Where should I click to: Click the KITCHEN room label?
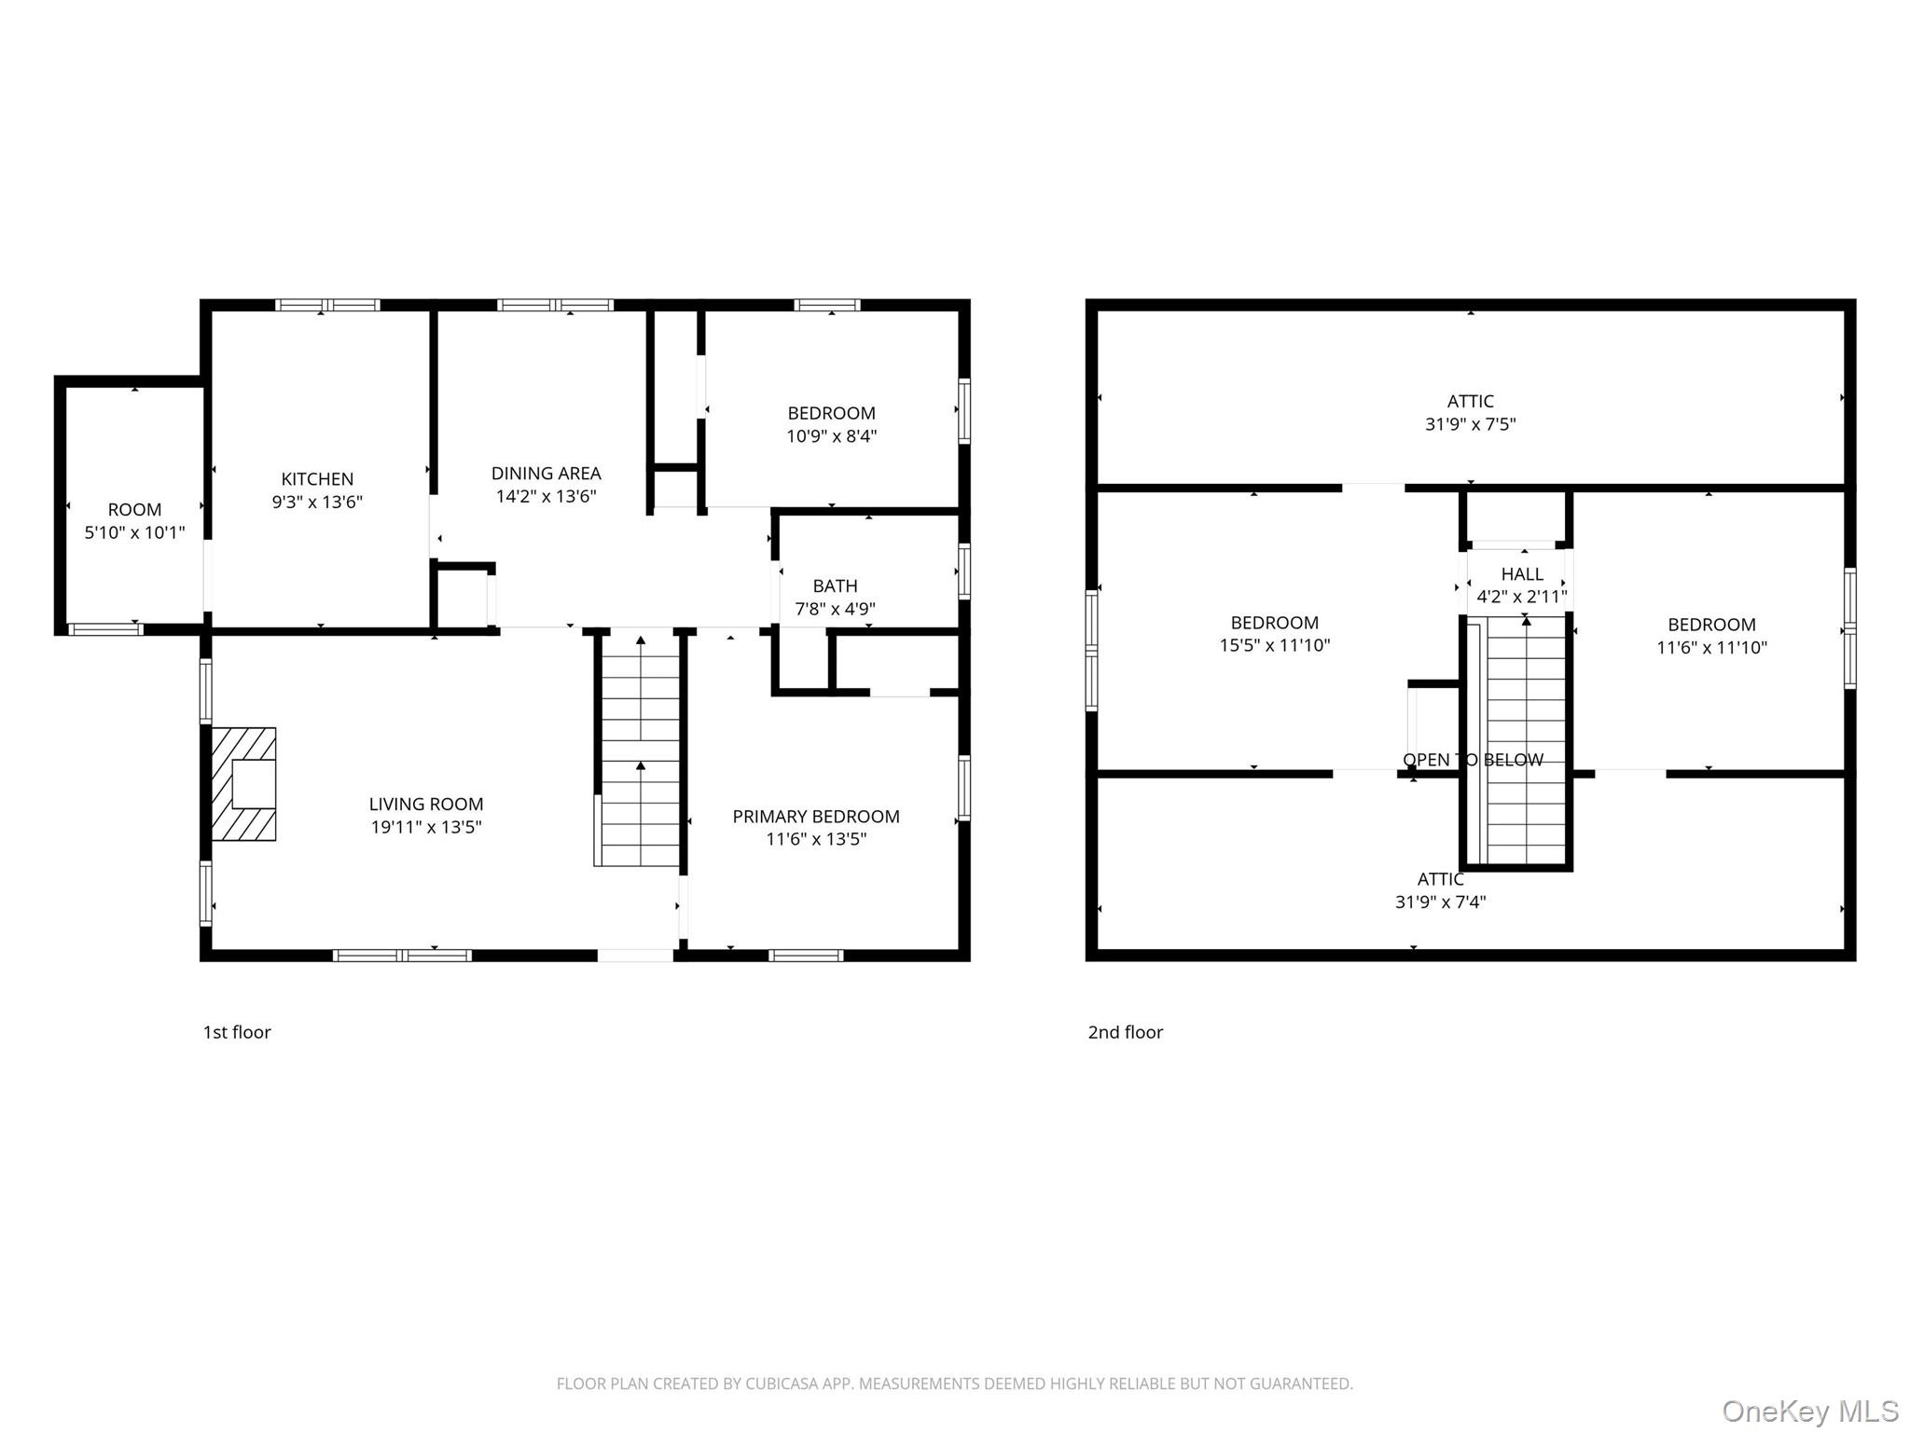click(317, 479)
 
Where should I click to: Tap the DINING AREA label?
click(547, 474)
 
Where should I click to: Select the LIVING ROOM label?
click(426, 805)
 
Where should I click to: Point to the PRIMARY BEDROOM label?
click(816, 817)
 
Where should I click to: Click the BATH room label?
click(835, 586)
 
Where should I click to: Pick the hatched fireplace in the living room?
click(244, 784)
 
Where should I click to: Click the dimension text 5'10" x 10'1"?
click(135, 532)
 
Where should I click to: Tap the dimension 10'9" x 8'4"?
click(832, 436)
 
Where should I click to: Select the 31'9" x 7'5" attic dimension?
click(1471, 424)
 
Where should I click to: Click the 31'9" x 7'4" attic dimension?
click(1441, 902)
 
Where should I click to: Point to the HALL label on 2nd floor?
click(1522, 574)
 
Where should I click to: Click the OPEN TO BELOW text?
click(1474, 760)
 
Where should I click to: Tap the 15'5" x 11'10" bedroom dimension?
click(1275, 645)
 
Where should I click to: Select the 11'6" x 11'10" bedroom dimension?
click(1712, 647)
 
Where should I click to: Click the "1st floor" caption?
click(237, 1032)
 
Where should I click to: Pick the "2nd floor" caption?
click(1126, 1032)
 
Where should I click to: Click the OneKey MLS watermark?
click(1810, 1411)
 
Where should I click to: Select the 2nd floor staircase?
click(1521, 741)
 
